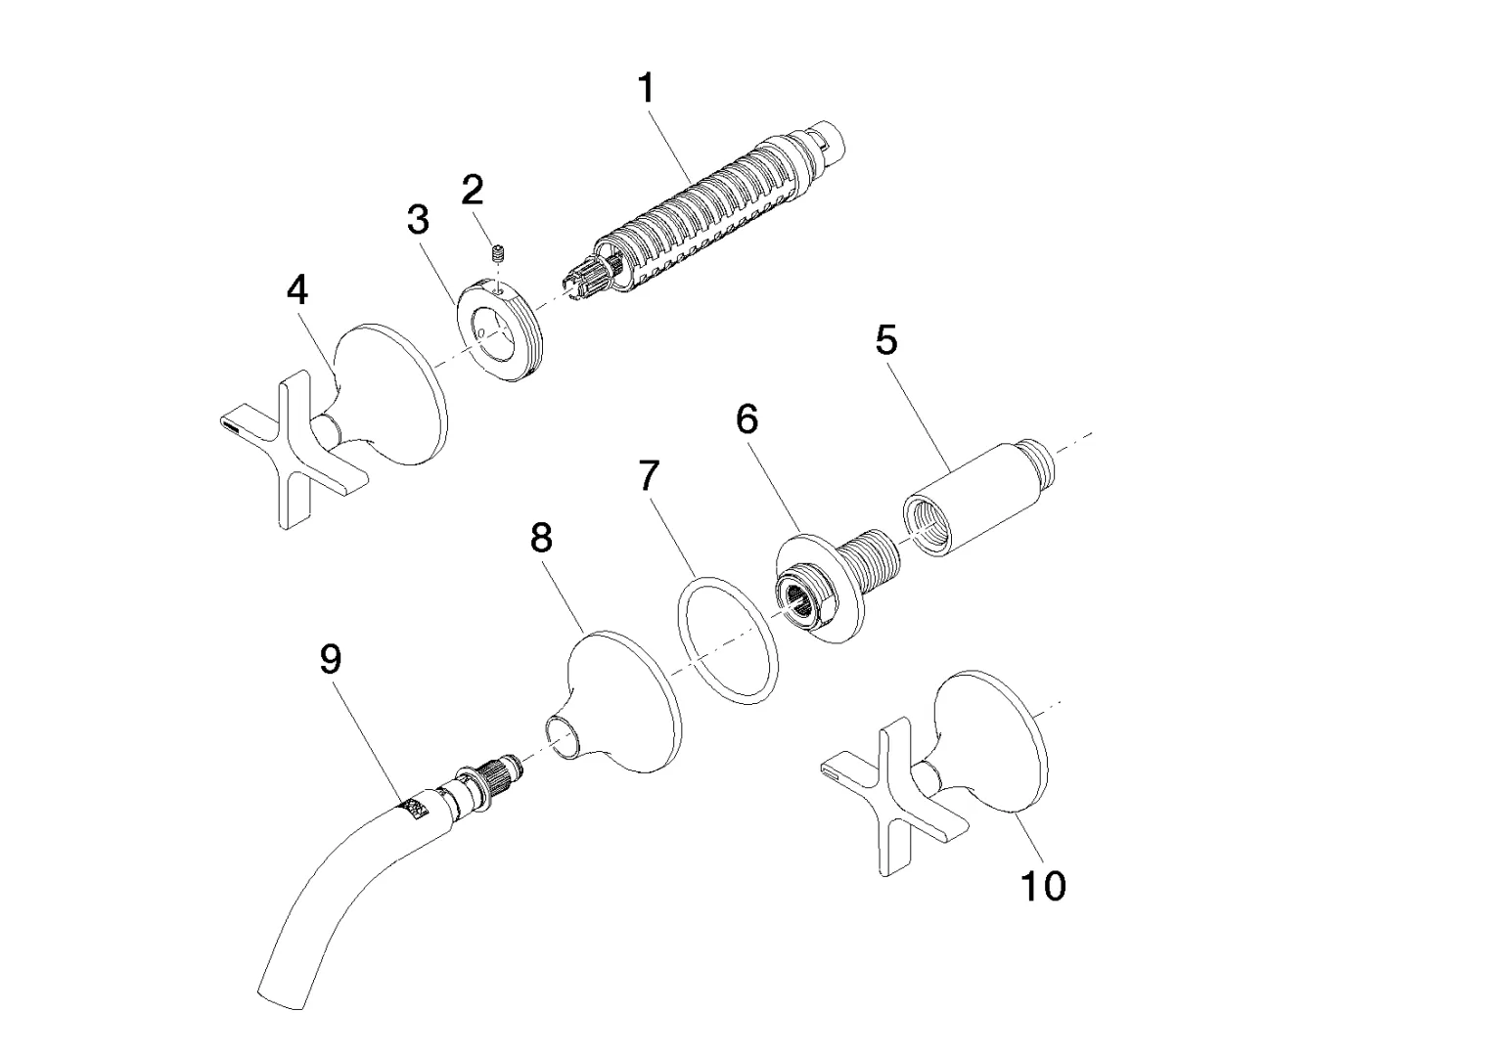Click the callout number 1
click(646, 89)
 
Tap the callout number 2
click(473, 188)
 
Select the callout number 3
click(418, 220)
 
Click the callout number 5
click(885, 340)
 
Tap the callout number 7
click(649, 476)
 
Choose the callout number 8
click(541, 537)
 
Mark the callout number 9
click(331, 659)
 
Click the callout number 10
click(1043, 886)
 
